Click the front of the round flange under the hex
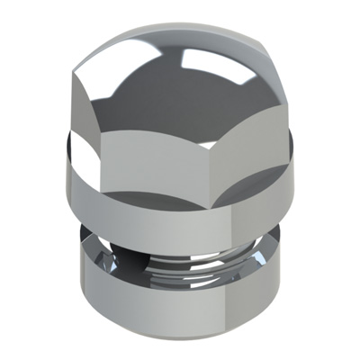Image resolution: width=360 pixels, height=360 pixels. [180, 202]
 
